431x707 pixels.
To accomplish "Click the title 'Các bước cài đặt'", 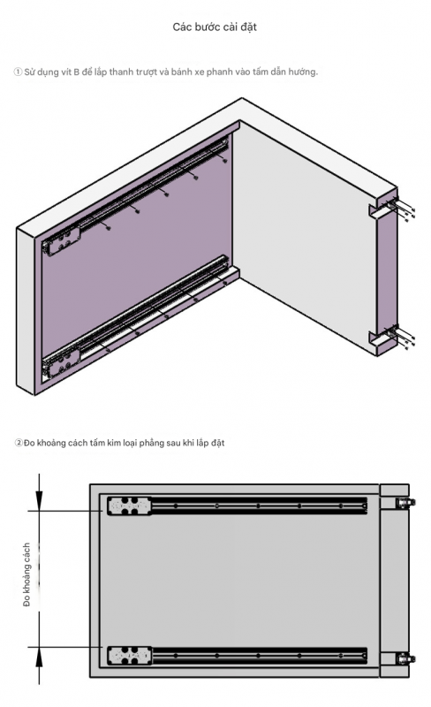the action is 215,27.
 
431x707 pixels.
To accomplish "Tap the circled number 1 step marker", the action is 18,72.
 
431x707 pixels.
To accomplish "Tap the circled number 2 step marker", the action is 19,443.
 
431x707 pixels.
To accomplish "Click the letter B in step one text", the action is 76,72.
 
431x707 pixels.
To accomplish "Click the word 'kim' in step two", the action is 114,443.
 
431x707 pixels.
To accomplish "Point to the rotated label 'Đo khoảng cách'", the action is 26,574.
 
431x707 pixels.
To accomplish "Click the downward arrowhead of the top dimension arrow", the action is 40,500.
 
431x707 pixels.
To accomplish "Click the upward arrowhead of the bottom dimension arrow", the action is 40,658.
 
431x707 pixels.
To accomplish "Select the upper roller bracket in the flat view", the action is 130,506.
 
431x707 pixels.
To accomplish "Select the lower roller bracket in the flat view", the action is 130,656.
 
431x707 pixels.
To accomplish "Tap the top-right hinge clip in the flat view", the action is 405,503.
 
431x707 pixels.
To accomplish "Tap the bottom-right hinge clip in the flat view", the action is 405,658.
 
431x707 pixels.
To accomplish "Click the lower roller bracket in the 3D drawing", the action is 61,363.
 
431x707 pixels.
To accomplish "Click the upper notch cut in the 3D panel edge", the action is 377,211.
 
